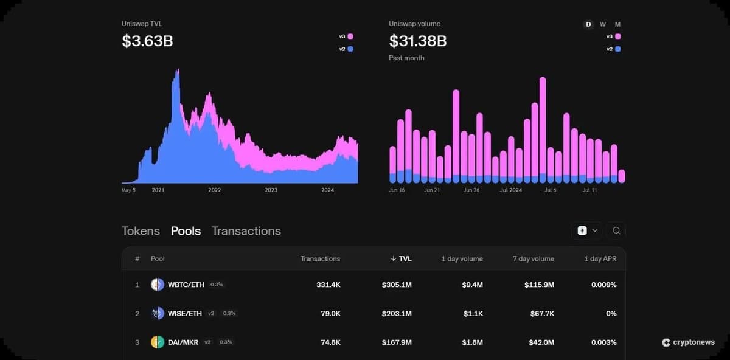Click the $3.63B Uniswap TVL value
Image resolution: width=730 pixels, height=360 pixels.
tap(147, 41)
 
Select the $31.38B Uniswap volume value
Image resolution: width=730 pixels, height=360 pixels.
tap(418, 41)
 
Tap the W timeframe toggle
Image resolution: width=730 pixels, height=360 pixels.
tap(603, 24)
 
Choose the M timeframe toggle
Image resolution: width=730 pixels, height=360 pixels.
tap(618, 24)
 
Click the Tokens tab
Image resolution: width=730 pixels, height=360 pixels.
tap(141, 231)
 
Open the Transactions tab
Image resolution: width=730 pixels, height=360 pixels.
tap(246, 231)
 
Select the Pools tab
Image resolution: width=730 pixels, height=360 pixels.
tap(186, 231)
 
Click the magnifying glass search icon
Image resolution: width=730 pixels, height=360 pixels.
tap(616, 230)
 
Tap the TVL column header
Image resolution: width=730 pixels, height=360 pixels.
tap(401, 258)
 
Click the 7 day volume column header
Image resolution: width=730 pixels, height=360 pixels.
tap(533, 258)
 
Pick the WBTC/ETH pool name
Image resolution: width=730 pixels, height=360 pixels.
tap(186, 285)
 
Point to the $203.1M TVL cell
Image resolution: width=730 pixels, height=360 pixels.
tap(397, 313)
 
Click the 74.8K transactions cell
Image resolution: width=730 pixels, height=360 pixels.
tap(330, 342)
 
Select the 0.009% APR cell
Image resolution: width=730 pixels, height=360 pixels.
tap(603, 285)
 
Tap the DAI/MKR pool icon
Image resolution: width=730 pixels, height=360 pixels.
tap(158, 342)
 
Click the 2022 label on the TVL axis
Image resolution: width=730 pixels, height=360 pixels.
tap(215, 190)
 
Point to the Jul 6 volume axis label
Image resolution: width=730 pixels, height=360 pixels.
tap(550, 190)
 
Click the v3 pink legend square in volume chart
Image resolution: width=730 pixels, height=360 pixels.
tap(618, 36)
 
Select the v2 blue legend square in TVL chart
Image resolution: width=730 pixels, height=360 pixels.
tap(350, 49)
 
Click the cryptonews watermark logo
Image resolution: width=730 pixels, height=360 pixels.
tap(688, 342)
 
